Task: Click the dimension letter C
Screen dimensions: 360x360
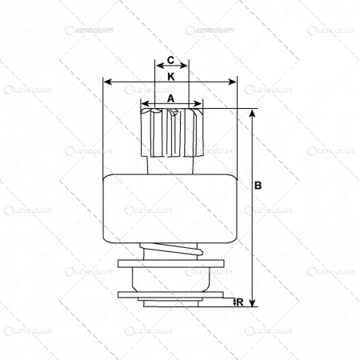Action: [x=170, y=61]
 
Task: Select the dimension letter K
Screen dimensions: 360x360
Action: [x=171, y=76]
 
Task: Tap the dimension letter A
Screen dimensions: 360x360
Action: [x=170, y=97]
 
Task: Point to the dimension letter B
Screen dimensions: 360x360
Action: [x=258, y=185]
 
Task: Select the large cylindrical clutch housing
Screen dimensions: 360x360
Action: [x=170, y=207]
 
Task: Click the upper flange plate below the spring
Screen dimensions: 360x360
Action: [x=170, y=263]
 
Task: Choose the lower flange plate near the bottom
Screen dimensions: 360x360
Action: [x=170, y=294]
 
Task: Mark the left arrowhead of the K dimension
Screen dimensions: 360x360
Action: [x=106, y=82]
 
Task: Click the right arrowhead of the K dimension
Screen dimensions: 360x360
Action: [x=235, y=82]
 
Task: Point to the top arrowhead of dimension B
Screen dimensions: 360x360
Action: [x=252, y=113]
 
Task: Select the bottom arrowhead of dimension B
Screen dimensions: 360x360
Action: [x=252, y=303]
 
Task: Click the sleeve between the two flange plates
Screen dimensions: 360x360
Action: [x=170, y=278]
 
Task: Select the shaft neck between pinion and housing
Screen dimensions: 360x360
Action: [x=170, y=166]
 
